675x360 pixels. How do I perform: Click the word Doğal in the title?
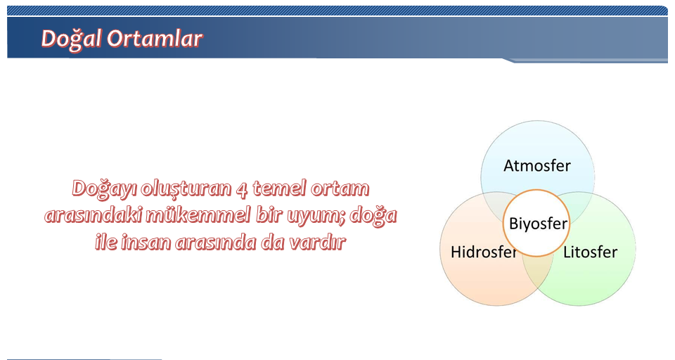(72, 39)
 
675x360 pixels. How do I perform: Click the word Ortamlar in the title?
(155, 39)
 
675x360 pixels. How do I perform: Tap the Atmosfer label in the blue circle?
(536, 166)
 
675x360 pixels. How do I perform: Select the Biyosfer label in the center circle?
(538, 224)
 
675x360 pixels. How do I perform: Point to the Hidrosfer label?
(484, 252)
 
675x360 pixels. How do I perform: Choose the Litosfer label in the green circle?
(590, 252)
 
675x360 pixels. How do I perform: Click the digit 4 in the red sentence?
(242, 189)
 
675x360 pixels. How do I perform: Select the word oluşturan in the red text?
(186, 190)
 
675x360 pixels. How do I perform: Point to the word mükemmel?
(198, 215)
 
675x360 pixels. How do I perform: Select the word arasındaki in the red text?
(93, 215)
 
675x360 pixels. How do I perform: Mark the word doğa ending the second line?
(373, 215)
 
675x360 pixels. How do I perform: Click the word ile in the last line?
(105, 242)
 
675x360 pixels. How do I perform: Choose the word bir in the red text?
(269, 215)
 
